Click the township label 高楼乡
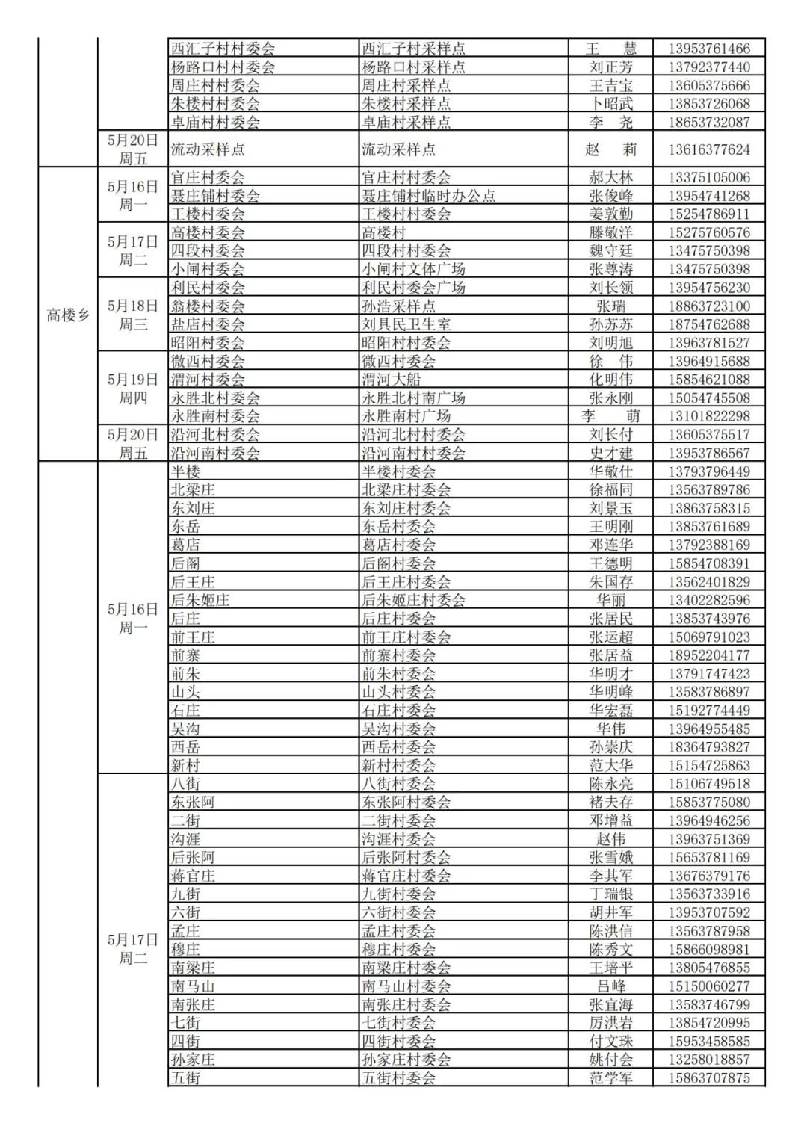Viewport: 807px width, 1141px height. coord(68,315)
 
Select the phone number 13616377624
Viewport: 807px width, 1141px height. coord(708,149)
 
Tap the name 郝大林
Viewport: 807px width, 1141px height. coord(610,177)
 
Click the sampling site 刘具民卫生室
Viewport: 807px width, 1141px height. coord(406,324)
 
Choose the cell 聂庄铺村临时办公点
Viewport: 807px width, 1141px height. coord(428,196)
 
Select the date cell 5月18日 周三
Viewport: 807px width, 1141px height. coord(133,315)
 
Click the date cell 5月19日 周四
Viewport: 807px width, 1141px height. coord(133,389)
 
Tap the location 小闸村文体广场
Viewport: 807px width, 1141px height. coord(413,269)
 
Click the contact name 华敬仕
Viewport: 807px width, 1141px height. coord(610,471)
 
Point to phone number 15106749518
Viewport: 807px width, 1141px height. coord(708,784)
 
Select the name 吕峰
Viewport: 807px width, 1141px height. coord(610,986)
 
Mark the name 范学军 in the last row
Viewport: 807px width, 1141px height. coord(610,1078)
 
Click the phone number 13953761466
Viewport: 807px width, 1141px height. coord(708,49)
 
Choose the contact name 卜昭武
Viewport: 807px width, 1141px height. coord(610,104)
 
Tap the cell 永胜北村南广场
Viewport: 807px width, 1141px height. coord(413,398)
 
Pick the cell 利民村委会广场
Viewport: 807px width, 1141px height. coord(413,288)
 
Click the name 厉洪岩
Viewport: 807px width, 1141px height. coord(610,1023)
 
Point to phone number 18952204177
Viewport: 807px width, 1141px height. coord(708,655)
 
